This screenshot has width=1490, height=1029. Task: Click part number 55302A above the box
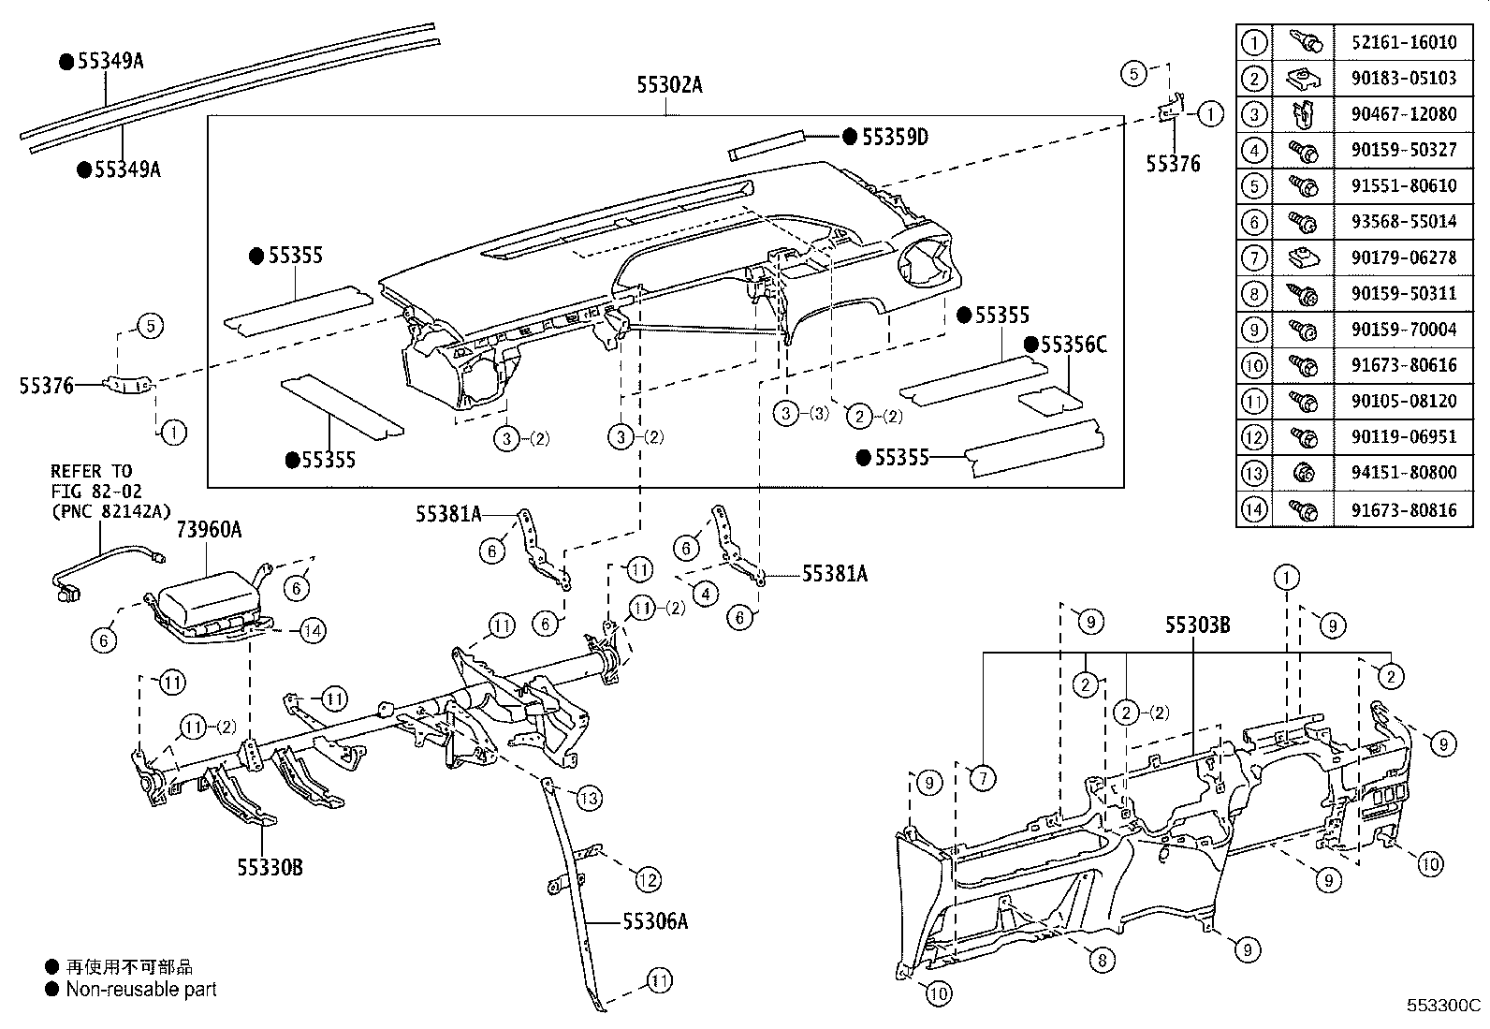(669, 86)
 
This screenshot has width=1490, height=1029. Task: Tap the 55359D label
(894, 138)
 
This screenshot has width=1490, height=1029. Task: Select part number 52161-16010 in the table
(1403, 42)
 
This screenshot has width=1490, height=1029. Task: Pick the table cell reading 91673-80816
(1403, 509)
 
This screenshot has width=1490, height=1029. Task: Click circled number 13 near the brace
(589, 798)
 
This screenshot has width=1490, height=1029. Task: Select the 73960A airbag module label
(209, 530)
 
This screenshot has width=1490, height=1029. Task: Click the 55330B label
(270, 867)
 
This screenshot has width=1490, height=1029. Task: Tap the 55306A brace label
(655, 921)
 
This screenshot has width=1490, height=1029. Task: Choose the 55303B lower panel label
(1197, 625)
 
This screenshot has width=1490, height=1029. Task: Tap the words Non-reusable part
(140, 989)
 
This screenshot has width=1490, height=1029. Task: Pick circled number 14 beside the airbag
(313, 631)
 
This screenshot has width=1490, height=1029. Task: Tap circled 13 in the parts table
(1253, 473)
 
